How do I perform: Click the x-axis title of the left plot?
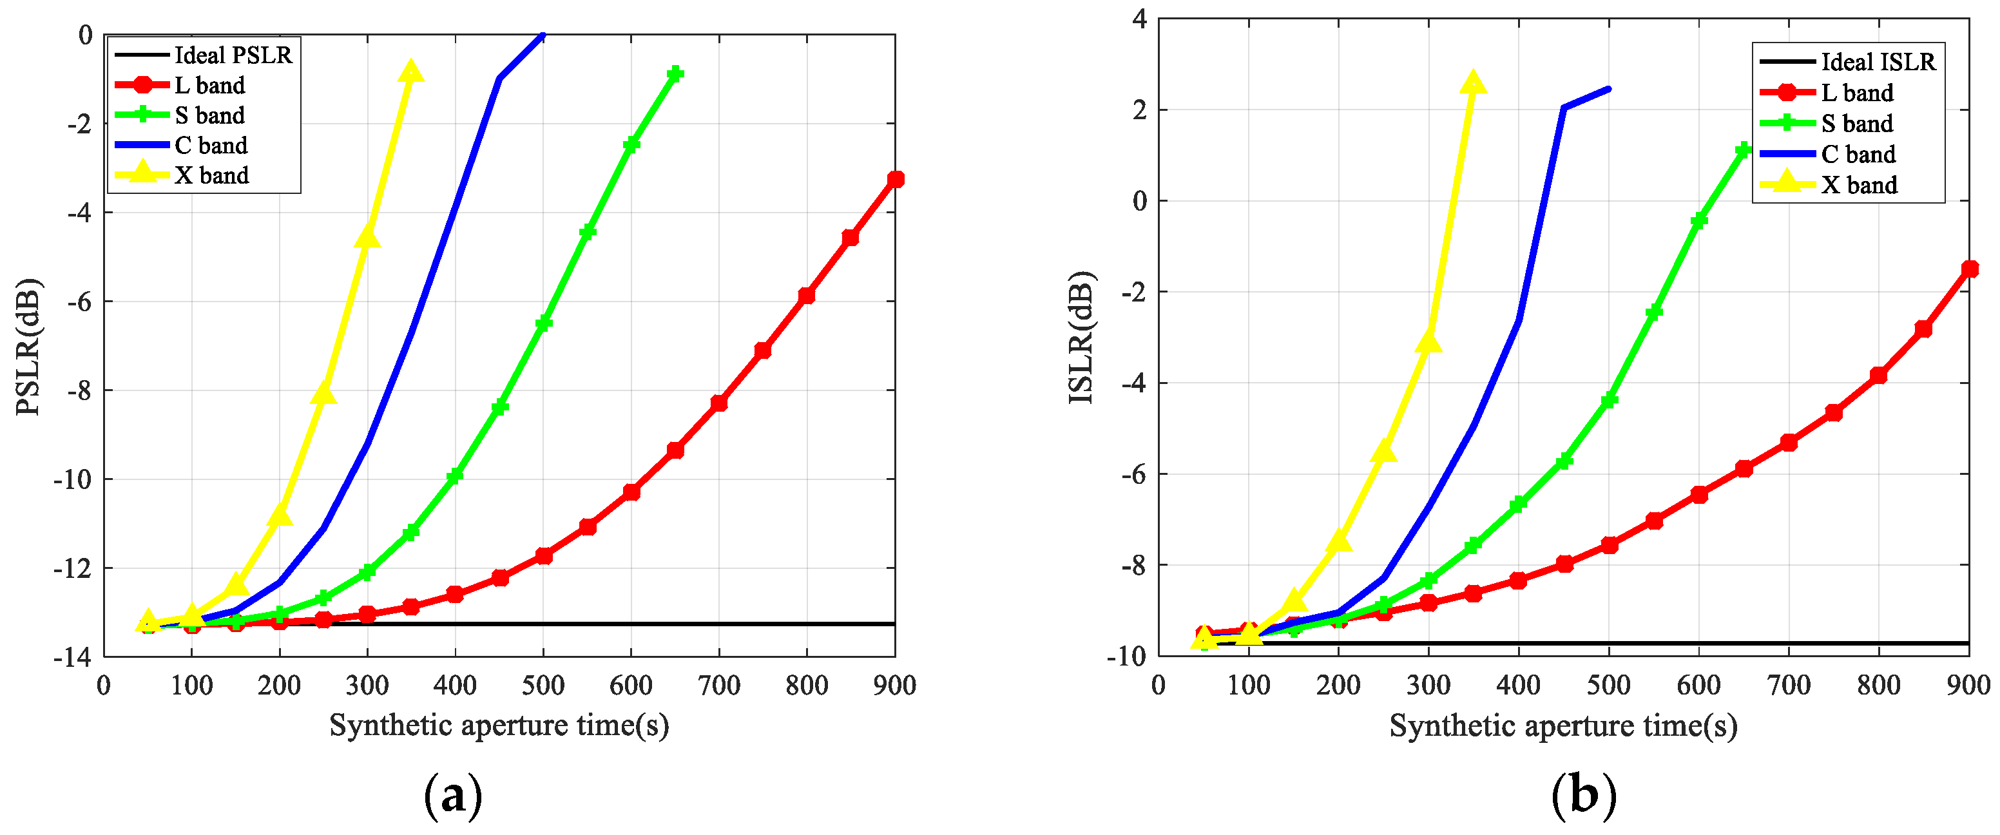[x=499, y=725]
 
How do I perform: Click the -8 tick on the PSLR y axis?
[x=79, y=390]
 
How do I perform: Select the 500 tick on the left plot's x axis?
[x=543, y=686]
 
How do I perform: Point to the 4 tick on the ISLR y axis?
[x=1139, y=19]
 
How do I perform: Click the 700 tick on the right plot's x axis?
[x=1788, y=686]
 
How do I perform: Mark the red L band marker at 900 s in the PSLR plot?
[x=895, y=179]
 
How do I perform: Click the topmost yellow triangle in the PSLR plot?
[x=410, y=72]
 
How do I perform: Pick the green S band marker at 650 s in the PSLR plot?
[x=675, y=73]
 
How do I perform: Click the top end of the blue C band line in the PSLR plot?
[x=542, y=35]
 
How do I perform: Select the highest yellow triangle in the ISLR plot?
[x=1473, y=83]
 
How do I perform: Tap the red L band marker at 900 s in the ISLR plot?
[x=1969, y=269]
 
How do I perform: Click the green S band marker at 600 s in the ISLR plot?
[x=1698, y=221]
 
